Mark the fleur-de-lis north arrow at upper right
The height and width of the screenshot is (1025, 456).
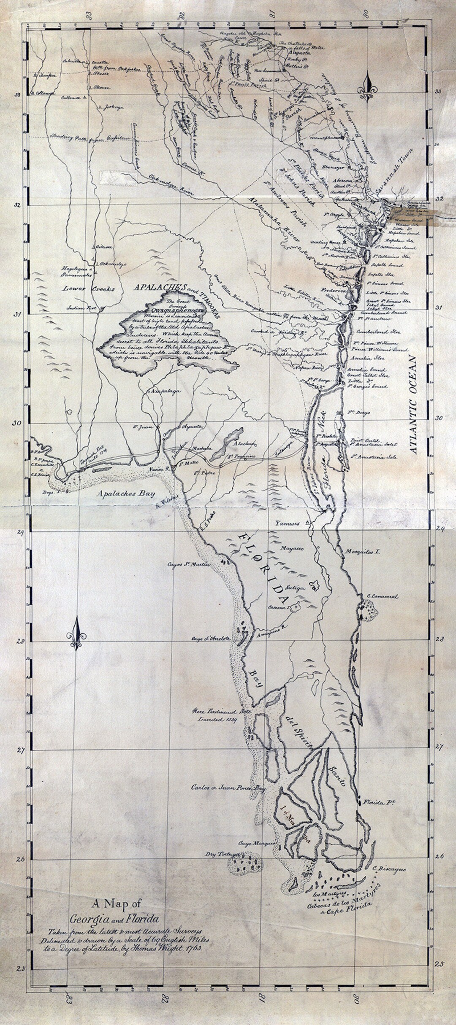click(368, 87)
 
